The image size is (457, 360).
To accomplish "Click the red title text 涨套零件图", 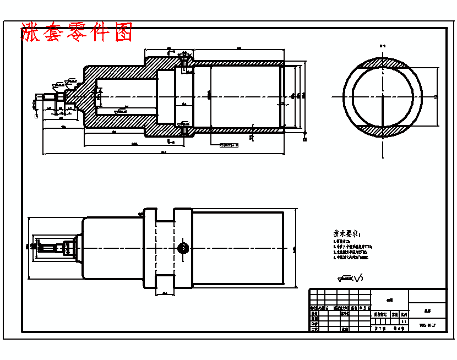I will pyautogui.click(x=77, y=33).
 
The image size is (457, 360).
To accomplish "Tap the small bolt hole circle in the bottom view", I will pyautogui.click(x=182, y=248).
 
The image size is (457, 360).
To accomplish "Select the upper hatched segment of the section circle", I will pyautogui.click(x=383, y=66).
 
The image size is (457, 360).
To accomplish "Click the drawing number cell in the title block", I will pyautogui.click(x=427, y=325).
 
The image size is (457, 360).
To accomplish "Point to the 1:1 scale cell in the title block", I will pyautogui.click(x=403, y=320).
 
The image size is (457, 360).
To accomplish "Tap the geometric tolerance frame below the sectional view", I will pyautogui.click(x=230, y=145).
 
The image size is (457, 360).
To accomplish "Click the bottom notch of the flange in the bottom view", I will pyautogui.click(x=165, y=282).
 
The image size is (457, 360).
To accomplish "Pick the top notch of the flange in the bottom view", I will pyautogui.click(x=165, y=214).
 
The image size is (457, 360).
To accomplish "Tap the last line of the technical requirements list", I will pyautogui.click(x=350, y=257).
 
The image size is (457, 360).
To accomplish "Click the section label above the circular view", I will pyautogui.click(x=383, y=45).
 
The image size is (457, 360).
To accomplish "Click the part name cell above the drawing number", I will pyautogui.click(x=427, y=310).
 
